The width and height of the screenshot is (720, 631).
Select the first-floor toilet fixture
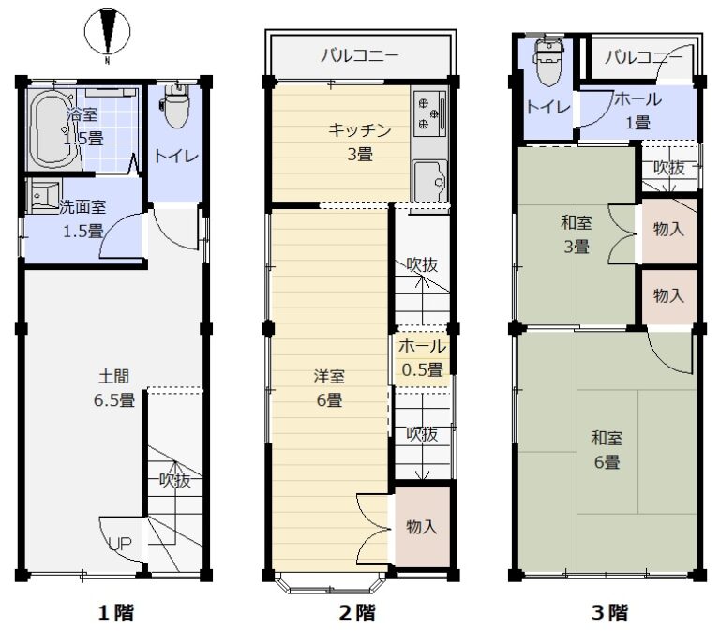(x=175, y=106)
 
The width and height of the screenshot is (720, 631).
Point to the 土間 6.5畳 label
(x=114, y=388)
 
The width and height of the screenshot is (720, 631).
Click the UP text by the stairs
(x=120, y=544)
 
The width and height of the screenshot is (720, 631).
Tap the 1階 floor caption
(x=116, y=612)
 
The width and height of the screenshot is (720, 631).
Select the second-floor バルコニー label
(x=360, y=56)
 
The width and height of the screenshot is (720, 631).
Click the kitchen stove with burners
(x=429, y=113)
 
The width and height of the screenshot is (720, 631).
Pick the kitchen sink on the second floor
(x=430, y=180)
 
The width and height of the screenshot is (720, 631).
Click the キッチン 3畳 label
(x=360, y=143)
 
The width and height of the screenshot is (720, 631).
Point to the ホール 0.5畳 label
(x=423, y=358)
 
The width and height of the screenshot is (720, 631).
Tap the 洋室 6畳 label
(x=329, y=388)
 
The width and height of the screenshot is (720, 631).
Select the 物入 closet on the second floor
(x=422, y=527)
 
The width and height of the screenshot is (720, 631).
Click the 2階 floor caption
(x=358, y=612)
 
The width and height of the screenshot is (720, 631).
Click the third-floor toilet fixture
(x=547, y=62)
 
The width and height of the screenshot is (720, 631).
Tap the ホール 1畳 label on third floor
(x=638, y=111)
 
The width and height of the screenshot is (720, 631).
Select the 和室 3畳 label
(x=577, y=234)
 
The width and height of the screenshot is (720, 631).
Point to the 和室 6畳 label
(x=607, y=450)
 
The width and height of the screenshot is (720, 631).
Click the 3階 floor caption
(x=609, y=612)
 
